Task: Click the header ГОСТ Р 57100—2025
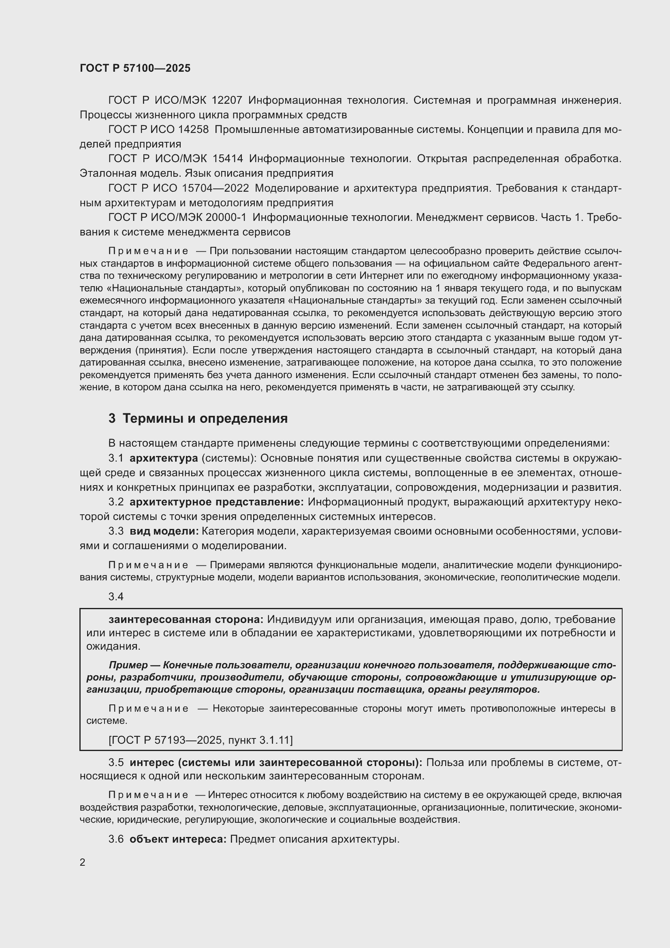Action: [x=135, y=68]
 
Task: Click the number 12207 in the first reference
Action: [x=227, y=101]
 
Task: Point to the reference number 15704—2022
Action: [x=216, y=188]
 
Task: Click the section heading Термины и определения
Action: [x=205, y=419]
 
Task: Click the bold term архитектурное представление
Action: [x=217, y=502]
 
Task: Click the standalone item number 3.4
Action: [x=116, y=597]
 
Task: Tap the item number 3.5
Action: [x=116, y=763]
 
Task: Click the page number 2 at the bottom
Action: [x=83, y=871]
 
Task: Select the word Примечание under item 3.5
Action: [x=148, y=795]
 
